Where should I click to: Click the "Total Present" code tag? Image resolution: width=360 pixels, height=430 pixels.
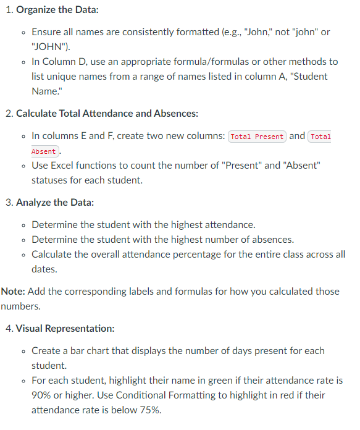(257, 137)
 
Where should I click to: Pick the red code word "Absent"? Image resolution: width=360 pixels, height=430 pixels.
(44, 151)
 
